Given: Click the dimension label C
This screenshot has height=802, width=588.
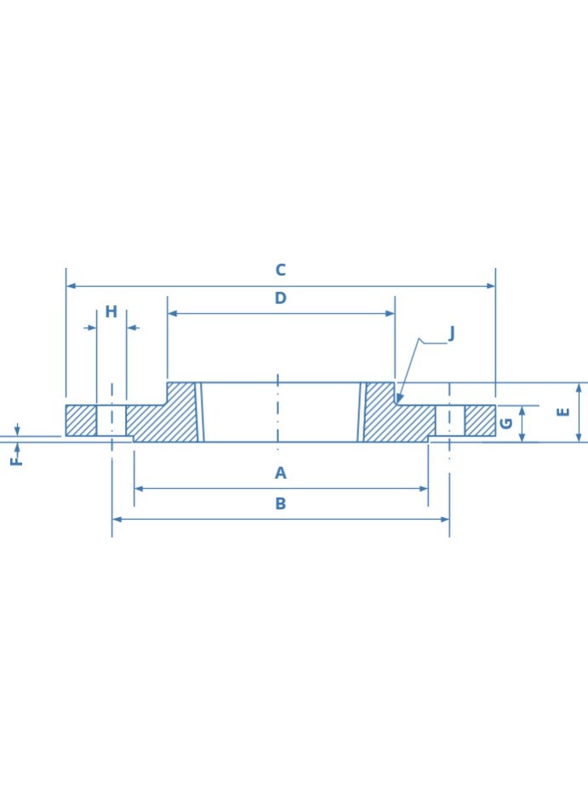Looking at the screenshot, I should click(x=280, y=270).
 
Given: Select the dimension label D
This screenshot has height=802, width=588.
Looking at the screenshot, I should click(x=280, y=299).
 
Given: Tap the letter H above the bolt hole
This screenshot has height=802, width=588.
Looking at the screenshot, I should click(x=111, y=312).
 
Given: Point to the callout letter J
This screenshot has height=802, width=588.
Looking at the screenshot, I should click(x=451, y=333).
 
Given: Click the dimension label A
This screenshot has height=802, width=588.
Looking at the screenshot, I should click(x=280, y=474).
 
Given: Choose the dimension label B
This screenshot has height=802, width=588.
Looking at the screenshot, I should click(x=280, y=503).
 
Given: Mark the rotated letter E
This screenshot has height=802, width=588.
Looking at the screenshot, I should click(x=562, y=412).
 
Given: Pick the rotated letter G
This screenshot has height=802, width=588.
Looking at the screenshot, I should click(x=506, y=423).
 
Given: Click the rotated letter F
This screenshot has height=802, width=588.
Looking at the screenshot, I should click(x=15, y=460).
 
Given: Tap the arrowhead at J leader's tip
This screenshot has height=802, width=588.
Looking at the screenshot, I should click(x=399, y=399).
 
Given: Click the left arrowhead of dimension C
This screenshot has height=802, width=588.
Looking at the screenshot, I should click(x=71, y=286).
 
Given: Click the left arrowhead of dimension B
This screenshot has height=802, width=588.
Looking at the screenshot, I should click(x=117, y=519).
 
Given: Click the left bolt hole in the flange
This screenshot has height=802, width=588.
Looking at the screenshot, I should click(x=111, y=420).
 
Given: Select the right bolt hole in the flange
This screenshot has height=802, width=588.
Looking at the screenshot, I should click(x=450, y=420).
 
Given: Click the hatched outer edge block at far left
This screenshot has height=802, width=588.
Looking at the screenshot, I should click(x=81, y=420).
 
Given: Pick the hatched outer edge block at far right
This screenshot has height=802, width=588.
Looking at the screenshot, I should click(x=480, y=420).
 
